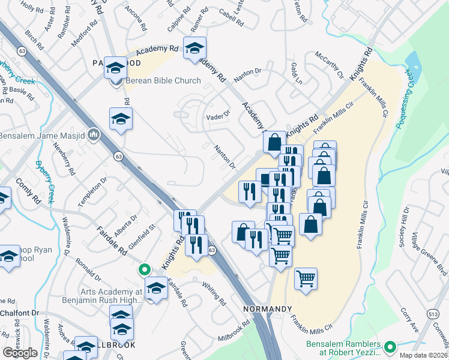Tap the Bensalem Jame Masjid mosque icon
point(94,136)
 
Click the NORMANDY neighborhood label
point(263,308)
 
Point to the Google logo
point(20,353)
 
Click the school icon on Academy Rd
point(194,49)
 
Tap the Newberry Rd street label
point(65,158)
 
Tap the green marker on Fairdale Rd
point(143,270)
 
